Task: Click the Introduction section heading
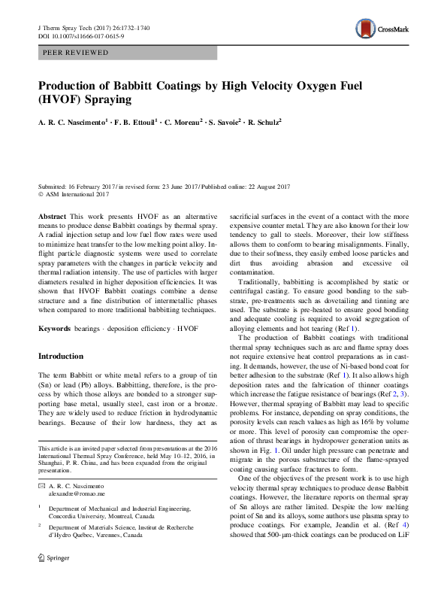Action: point(61,356)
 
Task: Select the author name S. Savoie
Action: point(219,121)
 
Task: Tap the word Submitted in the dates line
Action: point(53,185)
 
